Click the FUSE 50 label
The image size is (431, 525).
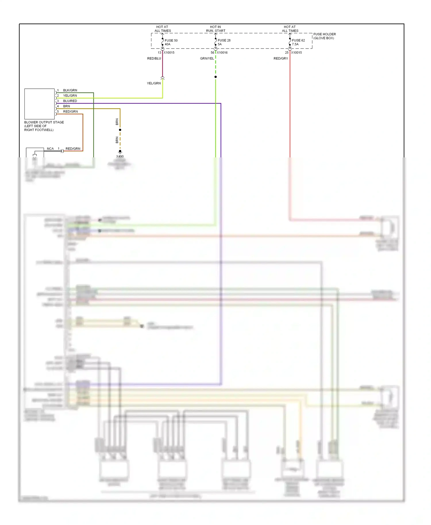[x=171, y=40]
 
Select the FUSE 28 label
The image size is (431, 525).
[x=224, y=40]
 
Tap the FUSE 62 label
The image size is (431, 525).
[x=298, y=40]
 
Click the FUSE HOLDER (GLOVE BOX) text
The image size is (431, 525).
[x=324, y=36]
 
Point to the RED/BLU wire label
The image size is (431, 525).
[x=154, y=58]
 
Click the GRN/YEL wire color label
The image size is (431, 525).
[x=207, y=58]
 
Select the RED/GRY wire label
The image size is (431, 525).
[x=280, y=58]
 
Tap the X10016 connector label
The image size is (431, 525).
[x=222, y=53]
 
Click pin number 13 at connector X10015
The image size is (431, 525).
[x=159, y=53]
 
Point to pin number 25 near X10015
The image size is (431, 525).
[x=286, y=53]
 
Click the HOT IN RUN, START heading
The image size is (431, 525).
[x=215, y=29]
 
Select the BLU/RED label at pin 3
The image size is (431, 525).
[x=70, y=101]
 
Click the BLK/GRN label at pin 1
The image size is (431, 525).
[x=70, y=90]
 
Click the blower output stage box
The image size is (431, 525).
[x=39, y=104]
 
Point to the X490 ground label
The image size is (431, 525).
[x=120, y=156]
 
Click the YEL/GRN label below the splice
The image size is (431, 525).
[x=154, y=83]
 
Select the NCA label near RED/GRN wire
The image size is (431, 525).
[x=50, y=148]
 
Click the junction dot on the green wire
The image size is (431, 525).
[x=215, y=77]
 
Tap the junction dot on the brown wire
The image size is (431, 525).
[x=120, y=130]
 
